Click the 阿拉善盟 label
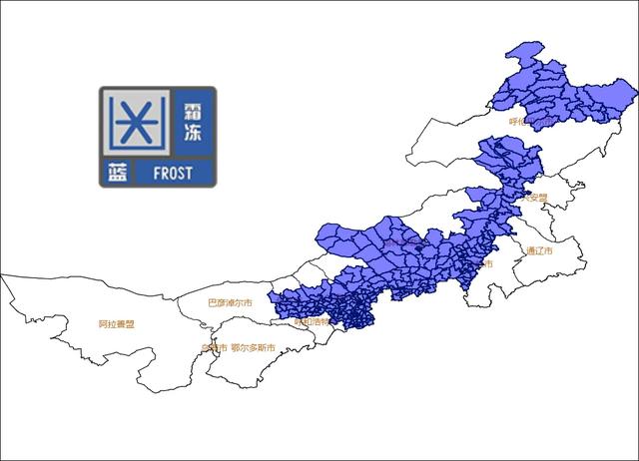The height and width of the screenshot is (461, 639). pyautogui.click(x=116, y=324)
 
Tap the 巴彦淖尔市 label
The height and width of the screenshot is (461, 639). pyautogui.click(x=230, y=301)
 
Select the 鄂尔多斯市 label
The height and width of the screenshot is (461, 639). pyautogui.click(x=253, y=348)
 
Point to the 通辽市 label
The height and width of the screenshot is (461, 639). pyautogui.click(x=539, y=250)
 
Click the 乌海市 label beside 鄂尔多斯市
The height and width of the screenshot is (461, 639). pyautogui.click(x=214, y=348)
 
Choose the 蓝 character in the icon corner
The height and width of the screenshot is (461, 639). pyautogui.click(x=117, y=173)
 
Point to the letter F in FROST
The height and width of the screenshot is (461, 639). pyautogui.click(x=157, y=173)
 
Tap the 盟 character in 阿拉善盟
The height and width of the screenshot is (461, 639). pyautogui.click(x=131, y=324)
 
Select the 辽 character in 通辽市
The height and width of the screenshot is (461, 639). pyautogui.click(x=539, y=250)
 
